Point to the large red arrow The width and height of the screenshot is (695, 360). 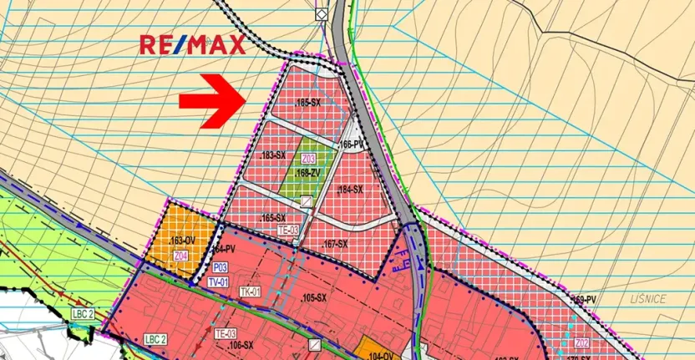pos(212,101)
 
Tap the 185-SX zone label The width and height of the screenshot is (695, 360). pos(308,102)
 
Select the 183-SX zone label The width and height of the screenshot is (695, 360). pos(273,156)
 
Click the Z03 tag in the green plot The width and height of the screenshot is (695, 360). pos(308,159)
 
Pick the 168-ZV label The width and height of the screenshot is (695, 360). pos(308,173)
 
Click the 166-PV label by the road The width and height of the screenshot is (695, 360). pos(353,145)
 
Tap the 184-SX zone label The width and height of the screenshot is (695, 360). pos(350,190)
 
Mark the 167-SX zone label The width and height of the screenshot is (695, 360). pos(333,244)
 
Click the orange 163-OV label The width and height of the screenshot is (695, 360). pos(180,242)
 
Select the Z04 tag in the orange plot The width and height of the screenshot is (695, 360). pos(181,256)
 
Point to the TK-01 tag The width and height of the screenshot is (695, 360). pos(251,292)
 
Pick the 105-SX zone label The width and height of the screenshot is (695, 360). pos(312,298)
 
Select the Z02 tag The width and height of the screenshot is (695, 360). pos(582,342)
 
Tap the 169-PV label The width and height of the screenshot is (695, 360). pos(584,299)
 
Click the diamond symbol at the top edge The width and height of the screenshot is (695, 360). pos(320,14)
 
